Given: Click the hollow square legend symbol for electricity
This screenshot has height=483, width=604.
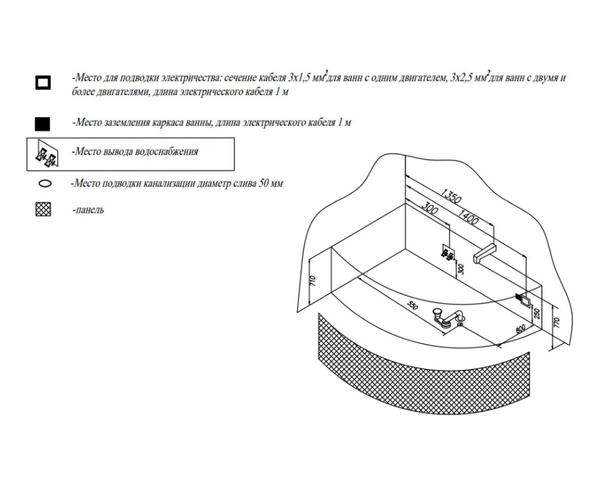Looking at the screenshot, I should click(x=43, y=82).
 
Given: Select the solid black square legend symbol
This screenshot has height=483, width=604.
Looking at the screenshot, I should click(x=43, y=124).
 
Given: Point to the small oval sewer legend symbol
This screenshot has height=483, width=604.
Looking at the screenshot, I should click(x=43, y=183).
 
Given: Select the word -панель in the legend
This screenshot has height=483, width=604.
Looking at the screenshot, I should click(x=88, y=211).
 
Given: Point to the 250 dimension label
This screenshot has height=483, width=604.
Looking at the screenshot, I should click(x=536, y=313).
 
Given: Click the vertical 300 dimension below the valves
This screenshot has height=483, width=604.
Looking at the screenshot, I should click(x=462, y=269).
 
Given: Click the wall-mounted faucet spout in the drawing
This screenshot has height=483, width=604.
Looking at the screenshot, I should click(x=485, y=252).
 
